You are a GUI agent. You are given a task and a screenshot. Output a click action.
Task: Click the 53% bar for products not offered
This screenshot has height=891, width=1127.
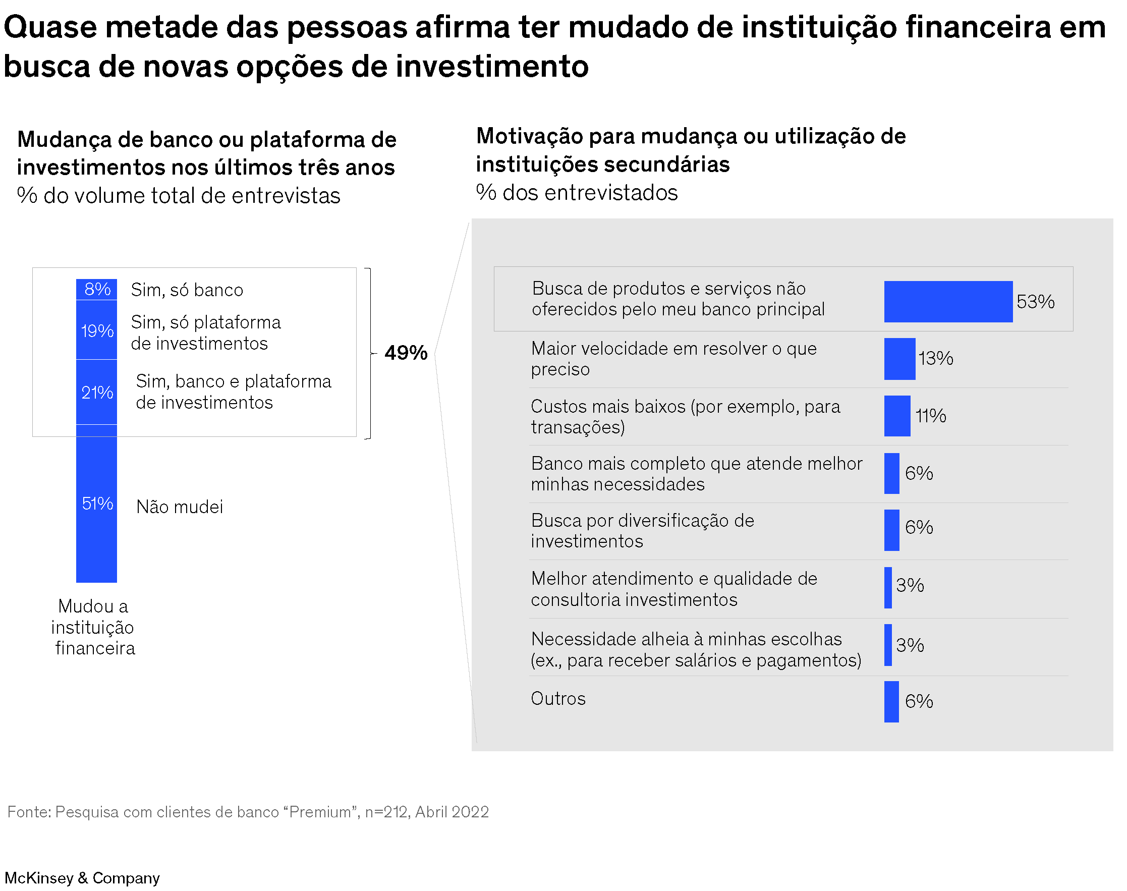click(947, 302)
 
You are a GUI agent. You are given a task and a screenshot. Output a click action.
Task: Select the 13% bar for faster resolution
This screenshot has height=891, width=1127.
click(899, 359)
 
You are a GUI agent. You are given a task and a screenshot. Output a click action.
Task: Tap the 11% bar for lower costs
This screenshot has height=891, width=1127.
click(896, 416)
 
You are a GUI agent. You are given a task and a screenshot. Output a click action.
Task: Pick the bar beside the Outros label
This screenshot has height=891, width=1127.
click(891, 701)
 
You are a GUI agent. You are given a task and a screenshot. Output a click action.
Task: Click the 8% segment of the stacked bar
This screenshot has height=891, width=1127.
click(96, 289)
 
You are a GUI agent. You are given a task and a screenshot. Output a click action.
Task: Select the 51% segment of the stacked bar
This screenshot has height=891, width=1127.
click(96, 504)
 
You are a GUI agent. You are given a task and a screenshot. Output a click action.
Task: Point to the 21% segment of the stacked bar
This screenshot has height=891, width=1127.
click(96, 392)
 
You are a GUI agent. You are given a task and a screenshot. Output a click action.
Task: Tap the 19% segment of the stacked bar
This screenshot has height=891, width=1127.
click(96, 330)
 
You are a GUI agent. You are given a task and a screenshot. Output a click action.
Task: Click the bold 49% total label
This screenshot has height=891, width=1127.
click(406, 353)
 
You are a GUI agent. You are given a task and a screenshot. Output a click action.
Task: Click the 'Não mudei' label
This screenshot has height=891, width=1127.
click(180, 507)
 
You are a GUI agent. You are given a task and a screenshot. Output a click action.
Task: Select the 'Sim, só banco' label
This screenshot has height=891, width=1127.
click(187, 290)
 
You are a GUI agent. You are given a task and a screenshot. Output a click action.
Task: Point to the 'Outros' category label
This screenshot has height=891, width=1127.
click(557, 698)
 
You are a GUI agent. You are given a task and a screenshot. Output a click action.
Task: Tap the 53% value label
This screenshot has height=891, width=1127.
click(1035, 302)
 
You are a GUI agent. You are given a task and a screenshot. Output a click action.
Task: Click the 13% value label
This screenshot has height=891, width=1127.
click(936, 358)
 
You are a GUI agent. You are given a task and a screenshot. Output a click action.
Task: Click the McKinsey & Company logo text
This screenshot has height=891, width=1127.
click(82, 878)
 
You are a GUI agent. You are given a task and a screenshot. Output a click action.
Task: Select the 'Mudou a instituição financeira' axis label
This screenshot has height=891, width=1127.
click(94, 627)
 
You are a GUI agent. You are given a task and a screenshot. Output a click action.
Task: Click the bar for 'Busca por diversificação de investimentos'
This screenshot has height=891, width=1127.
click(891, 530)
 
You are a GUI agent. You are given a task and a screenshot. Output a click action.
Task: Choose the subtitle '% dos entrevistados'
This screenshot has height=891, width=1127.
click(576, 193)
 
